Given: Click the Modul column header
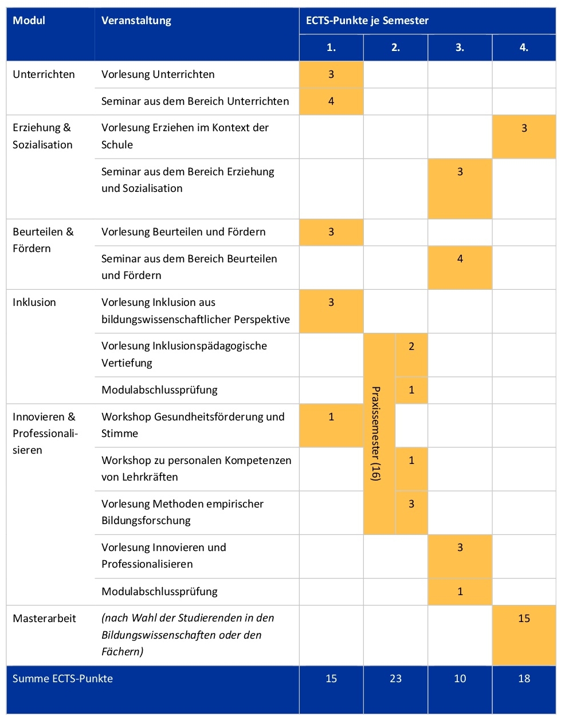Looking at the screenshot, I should click(x=29, y=21).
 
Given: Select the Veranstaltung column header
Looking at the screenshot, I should click(x=136, y=21).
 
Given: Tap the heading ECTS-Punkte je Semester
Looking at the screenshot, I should click(x=367, y=21).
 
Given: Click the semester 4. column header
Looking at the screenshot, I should click(x=524, y=48).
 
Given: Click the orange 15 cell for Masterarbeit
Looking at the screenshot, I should click(x=524, y=619).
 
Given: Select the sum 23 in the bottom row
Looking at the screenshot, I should click(x=395, y=679).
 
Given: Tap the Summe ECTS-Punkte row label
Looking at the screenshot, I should click(x=63, y=679).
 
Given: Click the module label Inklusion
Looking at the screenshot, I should click(x=34, y=302).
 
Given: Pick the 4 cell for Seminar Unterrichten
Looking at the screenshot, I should click(x=331, y=101).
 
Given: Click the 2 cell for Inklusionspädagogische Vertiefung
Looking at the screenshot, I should click(x=411, y=347).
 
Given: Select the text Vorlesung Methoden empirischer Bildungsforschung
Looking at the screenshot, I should click(x=182, y=512).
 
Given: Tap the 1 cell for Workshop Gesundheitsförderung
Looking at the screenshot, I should click(x=331, y=417).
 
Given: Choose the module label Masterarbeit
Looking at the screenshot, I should click(x=44, y=619).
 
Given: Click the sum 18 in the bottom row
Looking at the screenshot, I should click(x=524, y=679).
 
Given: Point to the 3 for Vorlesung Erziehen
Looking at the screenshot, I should click(x=524, y=128).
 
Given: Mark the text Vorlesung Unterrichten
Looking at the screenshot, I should click(x=158, y=74).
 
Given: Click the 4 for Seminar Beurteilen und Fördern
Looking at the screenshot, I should click(x=460, y=259).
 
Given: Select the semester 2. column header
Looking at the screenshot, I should click(x=395, y=48).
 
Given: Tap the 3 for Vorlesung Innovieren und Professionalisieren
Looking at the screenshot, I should click(x=460, y=548).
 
